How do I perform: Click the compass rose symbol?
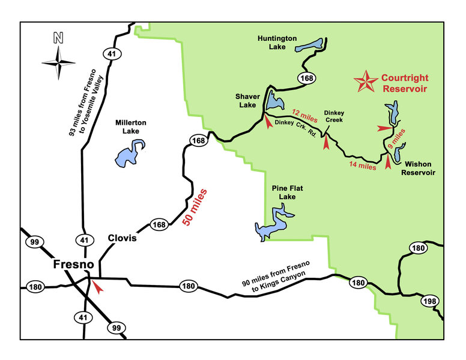(58, 62)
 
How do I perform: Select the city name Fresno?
(73, 265)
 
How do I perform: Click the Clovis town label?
(123, 238)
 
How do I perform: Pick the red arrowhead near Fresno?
(98, 289)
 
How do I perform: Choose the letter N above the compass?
(58, 38)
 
